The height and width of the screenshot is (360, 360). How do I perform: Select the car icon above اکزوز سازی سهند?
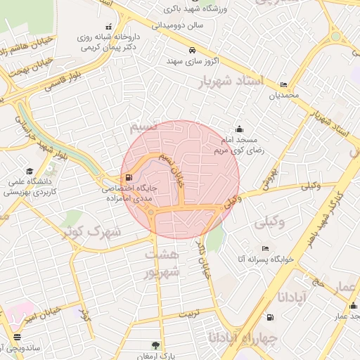[x=192, y=51]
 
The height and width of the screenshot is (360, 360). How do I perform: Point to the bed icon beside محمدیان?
[x=283, y=84]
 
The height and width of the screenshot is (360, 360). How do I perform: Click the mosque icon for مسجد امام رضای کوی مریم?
[x=239, y=129]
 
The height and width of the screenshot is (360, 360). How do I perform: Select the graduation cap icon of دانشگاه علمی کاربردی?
[x=30, y=171]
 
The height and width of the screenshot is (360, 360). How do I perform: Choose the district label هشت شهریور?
[x=162, y=262]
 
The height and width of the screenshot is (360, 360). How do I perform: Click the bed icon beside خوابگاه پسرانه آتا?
[x=265, y=248]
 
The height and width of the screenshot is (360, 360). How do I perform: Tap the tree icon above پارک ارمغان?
[x=155, y=345]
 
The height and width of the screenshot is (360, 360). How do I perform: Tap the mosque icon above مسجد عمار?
[x=352, y=306]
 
